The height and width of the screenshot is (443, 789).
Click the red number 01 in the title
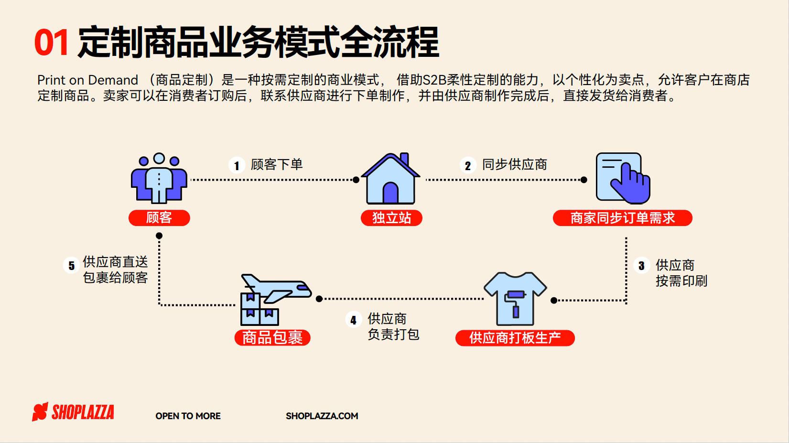point(52,43)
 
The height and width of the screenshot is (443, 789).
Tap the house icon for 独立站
point(390,179)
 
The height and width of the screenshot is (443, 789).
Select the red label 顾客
point(159,218)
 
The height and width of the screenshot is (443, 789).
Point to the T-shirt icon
point(515,299)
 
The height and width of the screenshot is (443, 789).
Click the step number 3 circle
point(641,266)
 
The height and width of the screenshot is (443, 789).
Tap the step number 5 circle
point(72,266)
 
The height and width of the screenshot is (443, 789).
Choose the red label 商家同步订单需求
point(622,218)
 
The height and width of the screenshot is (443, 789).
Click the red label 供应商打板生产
point(515,338)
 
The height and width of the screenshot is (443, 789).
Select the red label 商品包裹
point(272,338)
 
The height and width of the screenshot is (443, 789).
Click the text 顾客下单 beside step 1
point(277,164)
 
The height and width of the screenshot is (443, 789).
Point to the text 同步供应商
point(514,164)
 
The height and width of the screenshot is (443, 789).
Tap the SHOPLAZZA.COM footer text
point(322,416)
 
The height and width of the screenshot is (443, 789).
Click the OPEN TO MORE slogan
point(188,416)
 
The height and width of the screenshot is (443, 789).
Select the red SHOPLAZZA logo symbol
point(40,411)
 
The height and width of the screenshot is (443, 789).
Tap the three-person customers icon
point(159,178)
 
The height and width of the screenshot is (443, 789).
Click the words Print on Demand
point(88,80)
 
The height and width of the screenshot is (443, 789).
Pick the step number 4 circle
point(353,320)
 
